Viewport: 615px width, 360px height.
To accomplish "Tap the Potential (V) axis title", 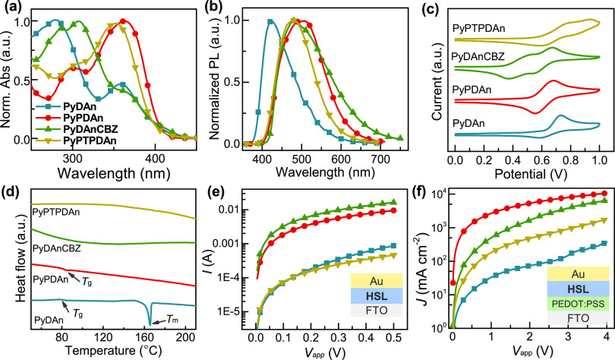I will [x=526, y=174].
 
